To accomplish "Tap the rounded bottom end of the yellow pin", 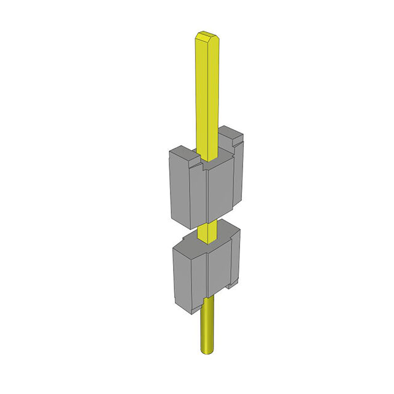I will click(x=209, y=351).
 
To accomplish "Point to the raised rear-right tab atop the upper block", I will click(x=233, y=134).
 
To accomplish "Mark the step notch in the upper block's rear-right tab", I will click(x=235, y=145).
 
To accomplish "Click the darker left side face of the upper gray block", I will click(x=179, y=188).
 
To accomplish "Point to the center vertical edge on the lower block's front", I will click(x=209, y=271).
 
